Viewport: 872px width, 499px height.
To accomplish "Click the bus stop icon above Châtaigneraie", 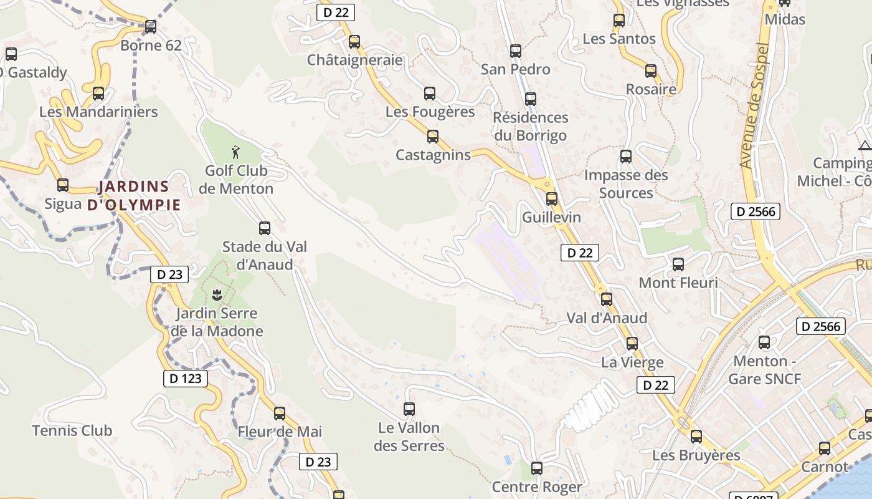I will coord(354,42).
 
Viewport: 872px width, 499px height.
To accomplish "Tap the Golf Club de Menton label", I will coord(236,180).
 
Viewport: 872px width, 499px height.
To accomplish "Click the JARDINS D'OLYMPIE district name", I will coord(134,195).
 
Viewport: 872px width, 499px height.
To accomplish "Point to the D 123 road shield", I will coord(185,378).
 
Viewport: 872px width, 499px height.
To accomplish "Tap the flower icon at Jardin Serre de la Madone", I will coord(217,294).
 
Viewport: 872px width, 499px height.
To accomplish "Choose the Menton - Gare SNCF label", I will coord(764,370).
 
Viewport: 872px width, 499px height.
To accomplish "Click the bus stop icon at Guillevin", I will coord(552,199).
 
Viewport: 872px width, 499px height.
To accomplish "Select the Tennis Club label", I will coord(72,430).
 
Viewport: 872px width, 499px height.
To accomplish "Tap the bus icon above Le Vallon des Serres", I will coord(409,409).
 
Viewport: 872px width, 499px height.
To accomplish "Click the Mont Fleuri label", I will coord(678,283).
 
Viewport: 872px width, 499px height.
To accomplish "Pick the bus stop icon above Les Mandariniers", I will coord(98,94).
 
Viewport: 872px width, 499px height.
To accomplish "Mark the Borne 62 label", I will coord(151,46).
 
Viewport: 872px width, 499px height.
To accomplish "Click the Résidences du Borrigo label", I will coord(531,127).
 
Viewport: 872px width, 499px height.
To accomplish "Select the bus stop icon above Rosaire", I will coord(651,71).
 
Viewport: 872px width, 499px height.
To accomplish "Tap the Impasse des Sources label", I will coord(626,184).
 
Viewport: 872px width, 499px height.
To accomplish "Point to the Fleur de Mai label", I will coord(280,432).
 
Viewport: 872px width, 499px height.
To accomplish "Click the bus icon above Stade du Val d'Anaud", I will coord(265,228).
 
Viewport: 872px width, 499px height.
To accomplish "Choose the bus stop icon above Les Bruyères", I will coord(696,437).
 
